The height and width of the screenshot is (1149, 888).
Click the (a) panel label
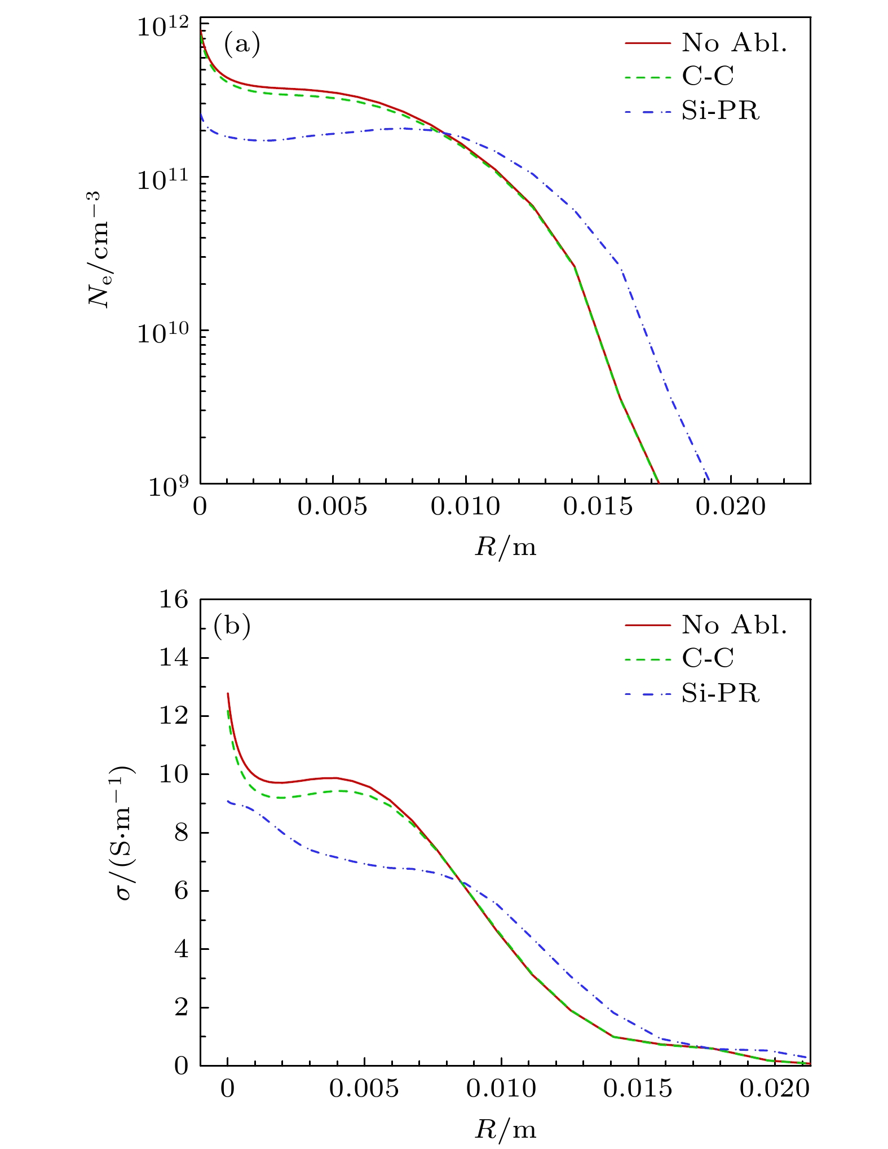[242, 45]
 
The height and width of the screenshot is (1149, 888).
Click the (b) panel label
[232, 627]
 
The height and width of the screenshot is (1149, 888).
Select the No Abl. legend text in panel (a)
[734, 43]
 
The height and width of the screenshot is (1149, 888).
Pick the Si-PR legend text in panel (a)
[720, 111]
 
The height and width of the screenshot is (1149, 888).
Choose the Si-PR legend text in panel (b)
[720, 693]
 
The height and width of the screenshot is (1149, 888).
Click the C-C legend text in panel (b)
[708, 658]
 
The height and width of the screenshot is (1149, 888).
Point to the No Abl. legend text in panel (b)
[734, 624]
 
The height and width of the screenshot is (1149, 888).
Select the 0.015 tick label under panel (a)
[598, 507]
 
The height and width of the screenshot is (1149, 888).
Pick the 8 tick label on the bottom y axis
[181, 833]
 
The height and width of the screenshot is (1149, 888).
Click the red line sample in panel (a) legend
[647, 43]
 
